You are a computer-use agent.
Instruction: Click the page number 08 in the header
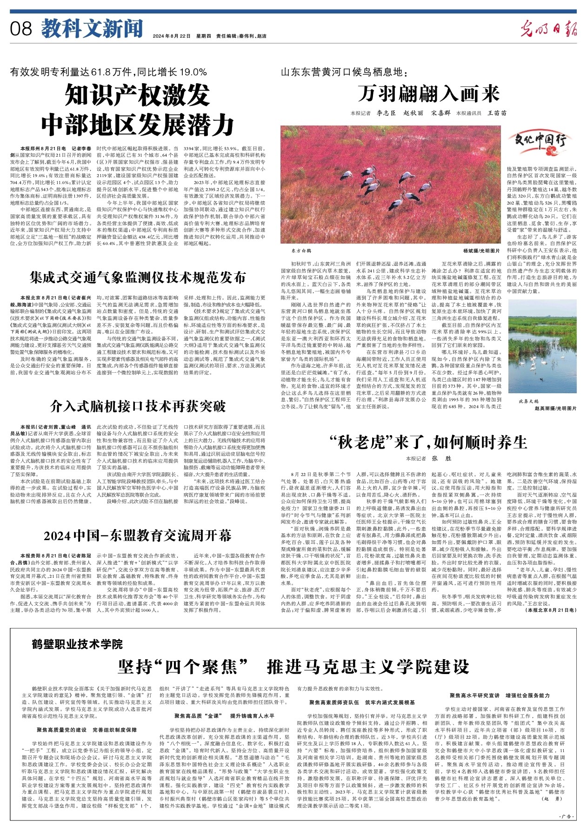point(21,29)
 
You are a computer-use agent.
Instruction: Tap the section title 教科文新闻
point(92,29)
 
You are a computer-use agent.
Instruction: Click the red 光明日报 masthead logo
point(548,29)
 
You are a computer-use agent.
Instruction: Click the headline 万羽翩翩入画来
point(428,94)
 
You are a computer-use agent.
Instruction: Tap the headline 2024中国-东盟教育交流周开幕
point(138,536)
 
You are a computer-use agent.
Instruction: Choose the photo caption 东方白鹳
point(300,250)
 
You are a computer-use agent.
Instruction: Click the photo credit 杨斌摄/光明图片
point(481,250)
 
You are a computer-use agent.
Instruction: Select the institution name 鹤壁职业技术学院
point(78,644)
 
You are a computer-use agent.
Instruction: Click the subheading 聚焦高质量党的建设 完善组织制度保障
point(87,730)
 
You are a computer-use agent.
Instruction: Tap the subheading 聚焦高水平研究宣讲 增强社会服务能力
point(500,695)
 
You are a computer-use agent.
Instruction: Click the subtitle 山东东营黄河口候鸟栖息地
point(344,72)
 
